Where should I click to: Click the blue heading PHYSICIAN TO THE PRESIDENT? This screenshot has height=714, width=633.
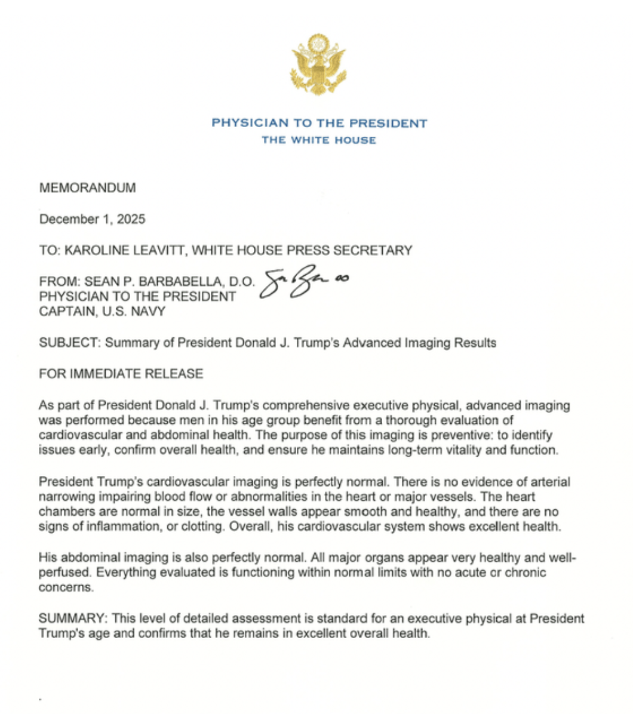319,124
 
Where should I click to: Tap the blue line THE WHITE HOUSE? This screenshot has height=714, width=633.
319,140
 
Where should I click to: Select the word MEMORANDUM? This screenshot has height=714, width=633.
87,188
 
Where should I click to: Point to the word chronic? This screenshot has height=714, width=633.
525,573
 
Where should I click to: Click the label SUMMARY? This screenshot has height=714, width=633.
73,618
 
